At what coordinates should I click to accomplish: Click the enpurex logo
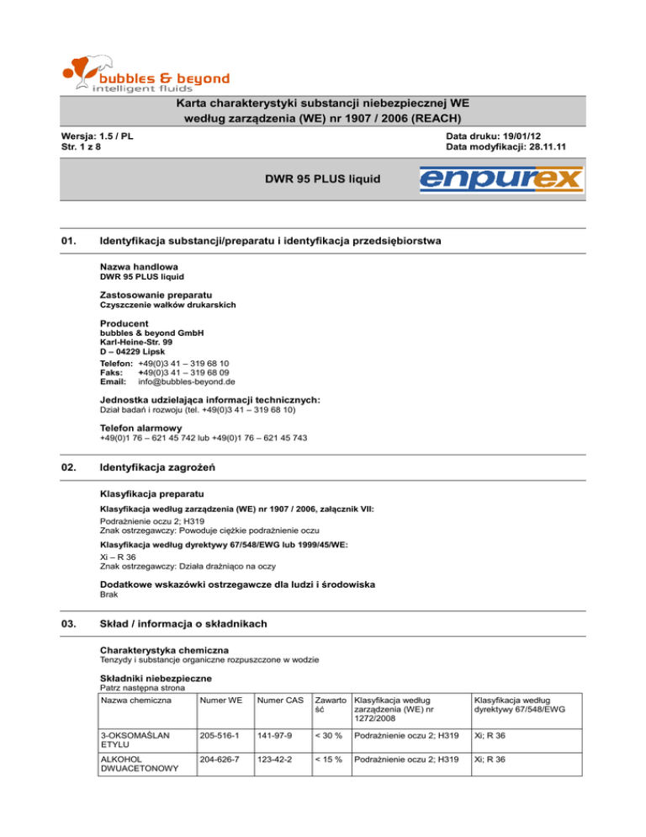501,179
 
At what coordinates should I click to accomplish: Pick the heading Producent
124,323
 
